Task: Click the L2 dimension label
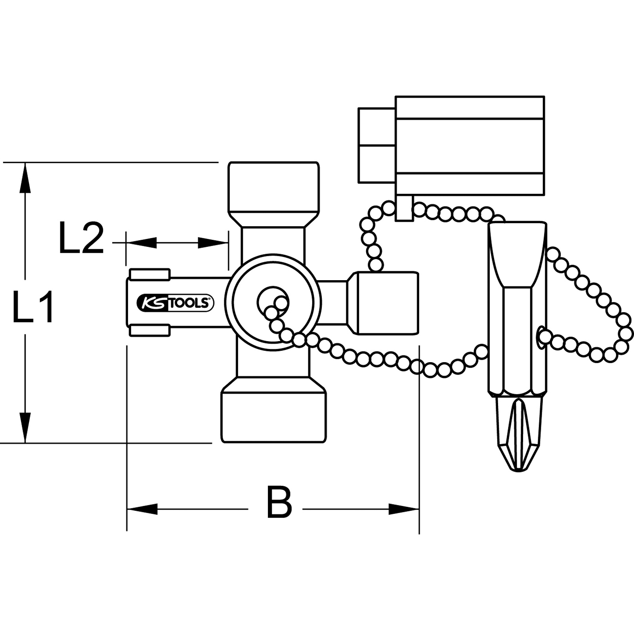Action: [x=81, y=238]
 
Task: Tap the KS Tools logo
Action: [x=175, y=303]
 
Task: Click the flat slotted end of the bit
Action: [x=518, y=254]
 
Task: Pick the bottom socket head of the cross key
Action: [x=274, y=416]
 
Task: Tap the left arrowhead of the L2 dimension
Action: [x=141, y=243]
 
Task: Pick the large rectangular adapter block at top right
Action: [x=470, y=145]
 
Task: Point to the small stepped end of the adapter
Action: [x=376, y=145]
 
